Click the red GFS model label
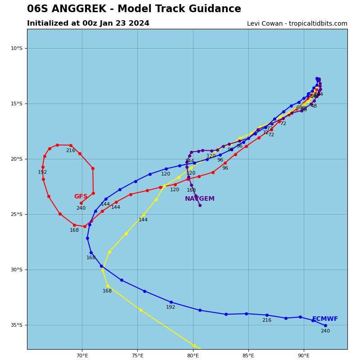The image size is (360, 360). click(x=81, y=197)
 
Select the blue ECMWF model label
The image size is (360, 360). click(x=325, y=319)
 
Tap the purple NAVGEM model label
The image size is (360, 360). click(x=200, y=199)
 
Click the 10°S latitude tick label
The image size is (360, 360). click(x=16, y=49)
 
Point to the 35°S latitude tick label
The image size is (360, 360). click(x=16, y=325)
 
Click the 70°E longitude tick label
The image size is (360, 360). click(x=82, y=355)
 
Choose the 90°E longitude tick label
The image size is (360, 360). click(x=304, y=355)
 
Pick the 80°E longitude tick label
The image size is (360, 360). click(x=193, y=355)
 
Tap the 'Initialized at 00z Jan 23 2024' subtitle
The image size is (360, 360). click(x=88, y=23)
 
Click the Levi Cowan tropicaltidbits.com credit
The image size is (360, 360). click(x=297, y=24)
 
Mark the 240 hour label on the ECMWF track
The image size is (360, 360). click(x=325, y=331)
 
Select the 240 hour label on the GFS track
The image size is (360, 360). click(x=81, y=208)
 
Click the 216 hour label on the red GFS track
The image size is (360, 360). click(x=71, y=151)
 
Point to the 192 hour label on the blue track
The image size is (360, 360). click(x=171, y=307)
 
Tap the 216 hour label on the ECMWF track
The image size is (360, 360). click(x=267, y=320)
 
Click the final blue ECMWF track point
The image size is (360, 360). click(x=325, y=325)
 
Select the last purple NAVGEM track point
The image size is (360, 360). click(x=200, y=205)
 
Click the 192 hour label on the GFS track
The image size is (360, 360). click(x=42, y=172)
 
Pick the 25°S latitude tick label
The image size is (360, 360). click(x=16, y=215)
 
